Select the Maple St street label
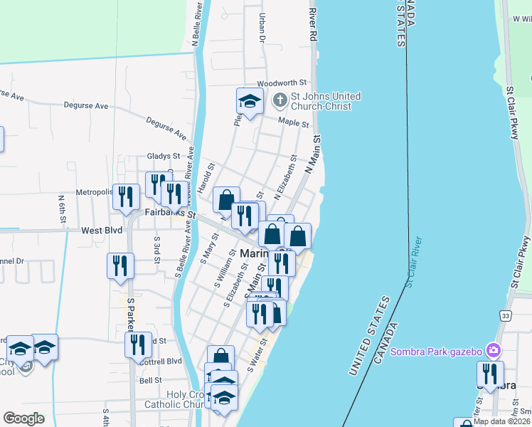[x=293, y=123]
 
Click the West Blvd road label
[x=102, y=231]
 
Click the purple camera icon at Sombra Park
[x=494, y=351]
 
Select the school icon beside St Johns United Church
[x=250, y=101]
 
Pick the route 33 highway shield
[x=505, y=315]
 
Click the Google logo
[x=23, y=418]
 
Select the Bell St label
[x=150, y=381]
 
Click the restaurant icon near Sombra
[x=490, y=374]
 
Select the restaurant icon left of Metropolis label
[x=126, y=196]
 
